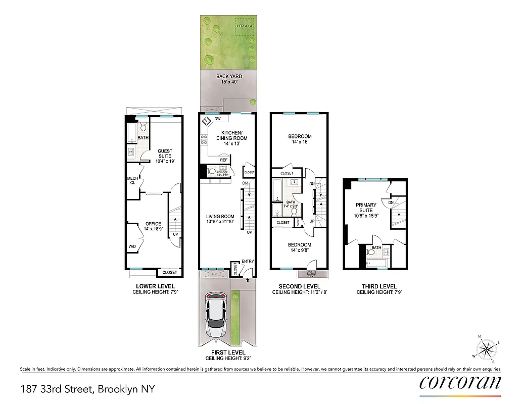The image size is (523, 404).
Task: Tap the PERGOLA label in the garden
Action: [245, 25]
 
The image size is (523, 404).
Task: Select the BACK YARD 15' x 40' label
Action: [229, 79]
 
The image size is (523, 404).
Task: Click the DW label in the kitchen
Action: [217, 119]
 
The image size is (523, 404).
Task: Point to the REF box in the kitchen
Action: [223, 160]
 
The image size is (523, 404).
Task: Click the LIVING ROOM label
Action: [220, 219]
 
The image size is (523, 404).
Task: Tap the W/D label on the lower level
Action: [132, 247]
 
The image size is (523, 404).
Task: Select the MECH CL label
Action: [132, 180]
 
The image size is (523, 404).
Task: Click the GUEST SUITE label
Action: [165, 154]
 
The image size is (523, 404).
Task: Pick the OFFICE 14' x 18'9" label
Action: [153, 227]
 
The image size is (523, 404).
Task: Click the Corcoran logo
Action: [460, 382]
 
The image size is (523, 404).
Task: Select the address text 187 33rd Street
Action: [87, 389]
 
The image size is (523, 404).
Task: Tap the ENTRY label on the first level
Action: [248, 261]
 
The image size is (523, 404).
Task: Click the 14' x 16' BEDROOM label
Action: [300, 139]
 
